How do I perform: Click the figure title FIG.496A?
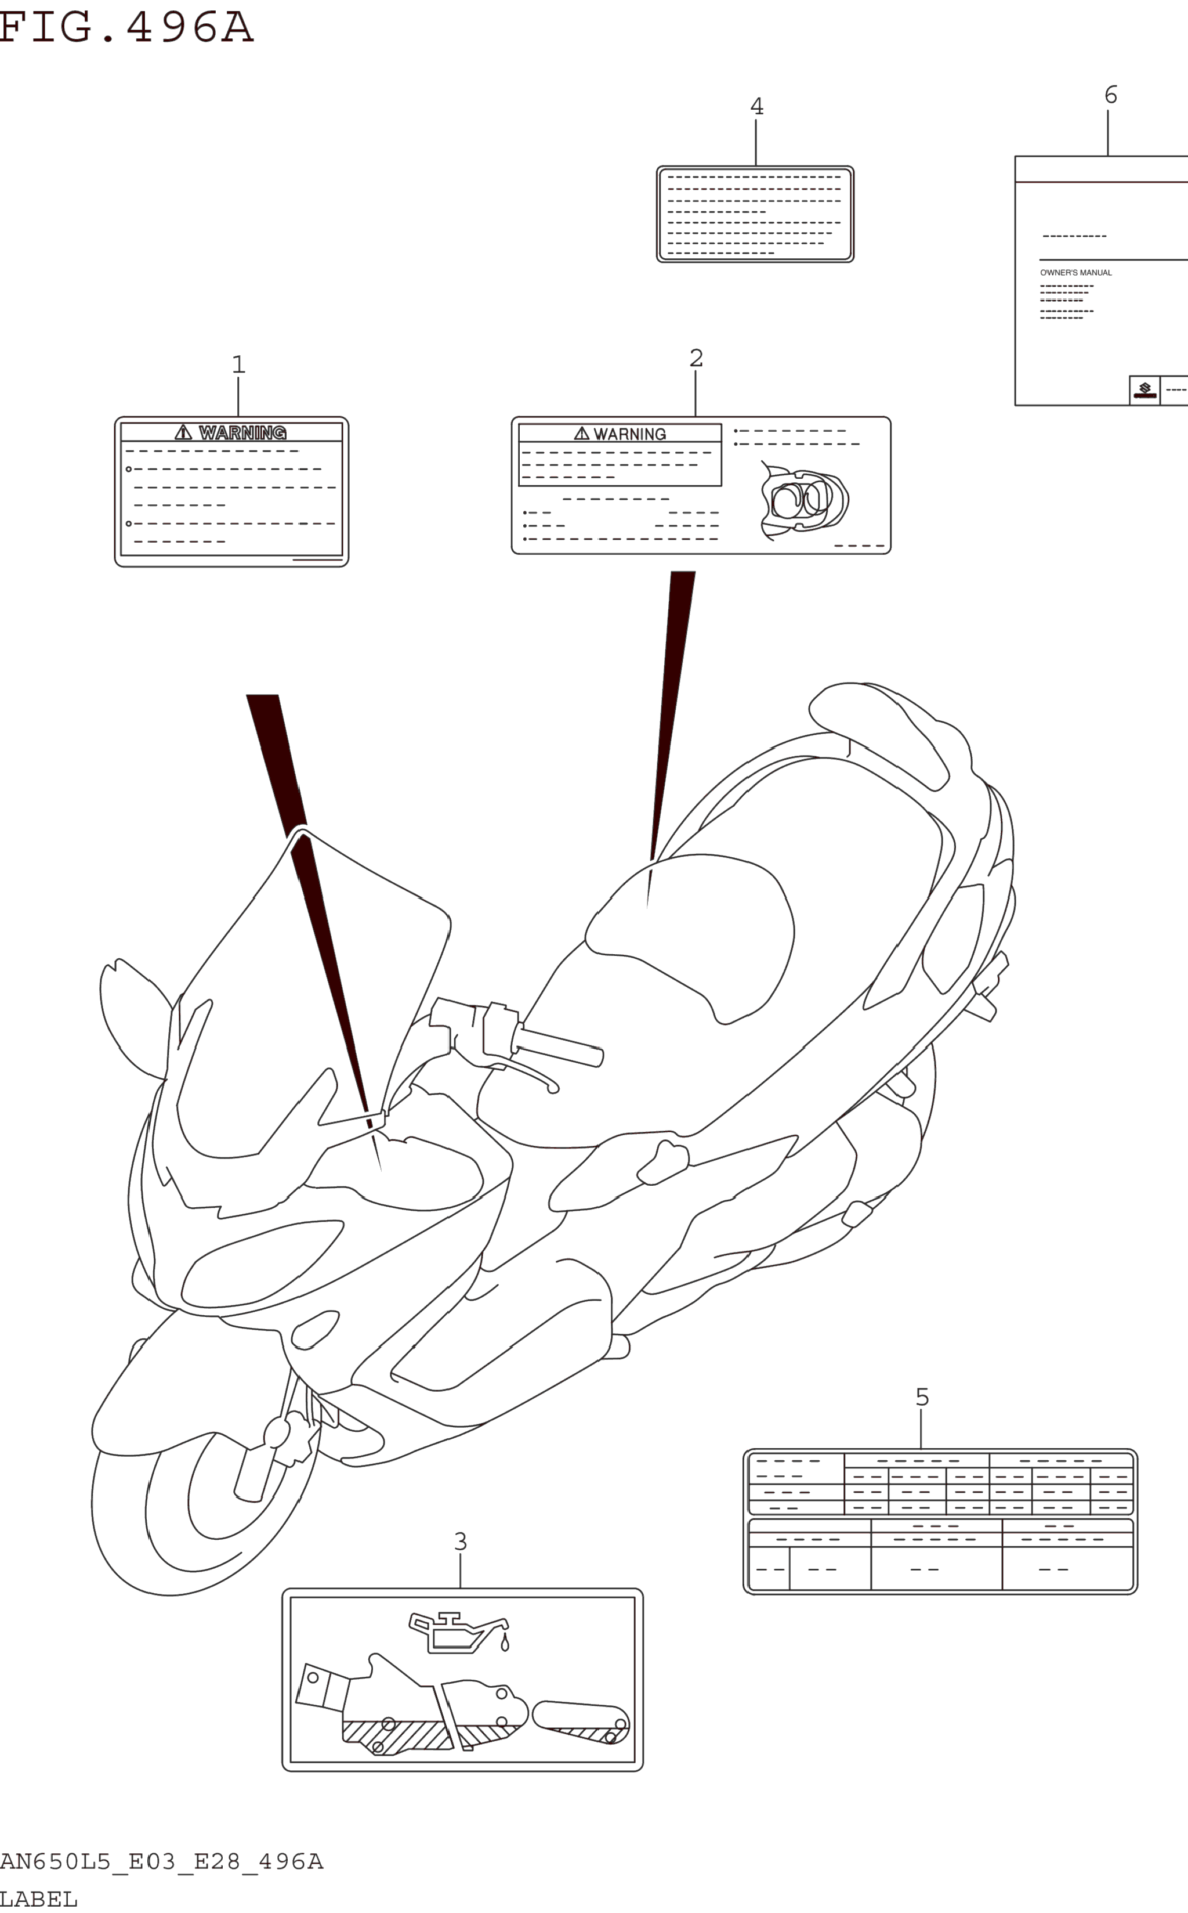click(126, 27)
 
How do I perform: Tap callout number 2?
click(696, 358)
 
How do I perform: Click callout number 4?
click(756, 106)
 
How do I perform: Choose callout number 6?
click(1111, 95)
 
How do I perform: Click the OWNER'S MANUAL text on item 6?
click(1075, 273)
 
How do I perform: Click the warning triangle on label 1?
click(183, 432)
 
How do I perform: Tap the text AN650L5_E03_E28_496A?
click(161, 1862)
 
